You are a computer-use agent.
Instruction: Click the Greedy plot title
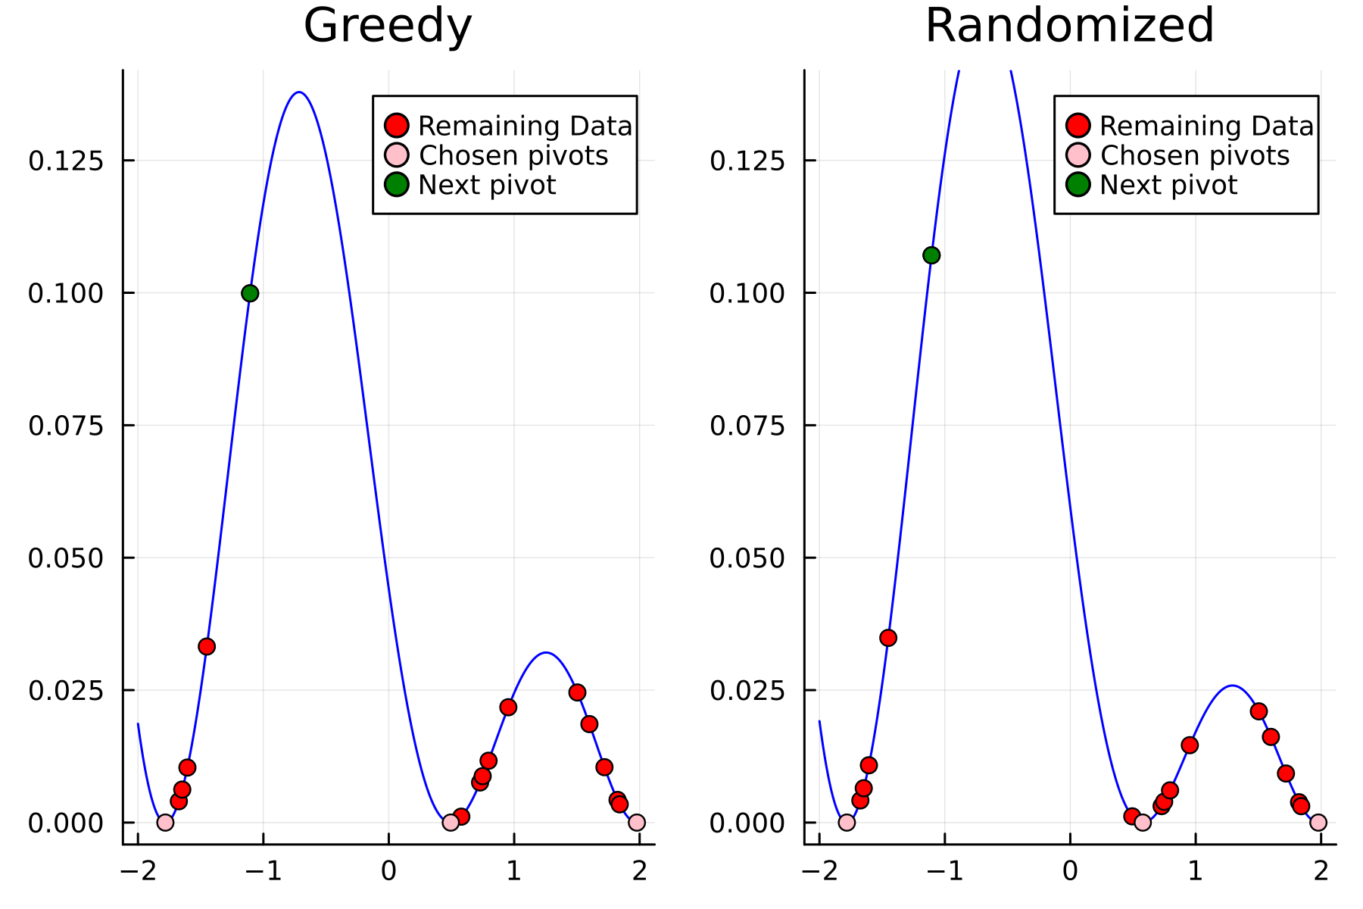coord(388,26)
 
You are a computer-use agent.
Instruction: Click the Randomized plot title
coord(1069,26)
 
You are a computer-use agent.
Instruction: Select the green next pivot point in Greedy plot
coord(250,293)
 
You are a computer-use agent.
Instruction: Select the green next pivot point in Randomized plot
coord(931,255)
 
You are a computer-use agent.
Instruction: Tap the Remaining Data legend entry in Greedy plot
coord(524,126)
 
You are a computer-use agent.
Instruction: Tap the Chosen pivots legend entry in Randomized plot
coord(1194,155)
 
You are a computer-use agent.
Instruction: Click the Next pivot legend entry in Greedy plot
coord(486,185)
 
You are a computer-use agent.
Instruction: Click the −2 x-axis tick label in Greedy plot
coord(138,871)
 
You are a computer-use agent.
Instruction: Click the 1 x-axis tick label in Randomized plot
coord(1196,871)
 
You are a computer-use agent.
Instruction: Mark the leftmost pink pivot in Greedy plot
coord(165,822)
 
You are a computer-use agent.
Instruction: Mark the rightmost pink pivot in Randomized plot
coord(1318,822)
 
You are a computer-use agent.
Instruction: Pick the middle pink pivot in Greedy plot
coord(451,822)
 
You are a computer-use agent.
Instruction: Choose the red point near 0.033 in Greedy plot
coord(207,646)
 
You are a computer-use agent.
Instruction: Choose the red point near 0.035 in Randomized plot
coord(888,638)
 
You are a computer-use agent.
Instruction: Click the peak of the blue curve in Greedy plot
coord(300,92)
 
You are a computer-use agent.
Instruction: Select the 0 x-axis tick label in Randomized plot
coord(1070,871)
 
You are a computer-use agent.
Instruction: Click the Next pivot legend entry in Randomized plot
coord(1168,185)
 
